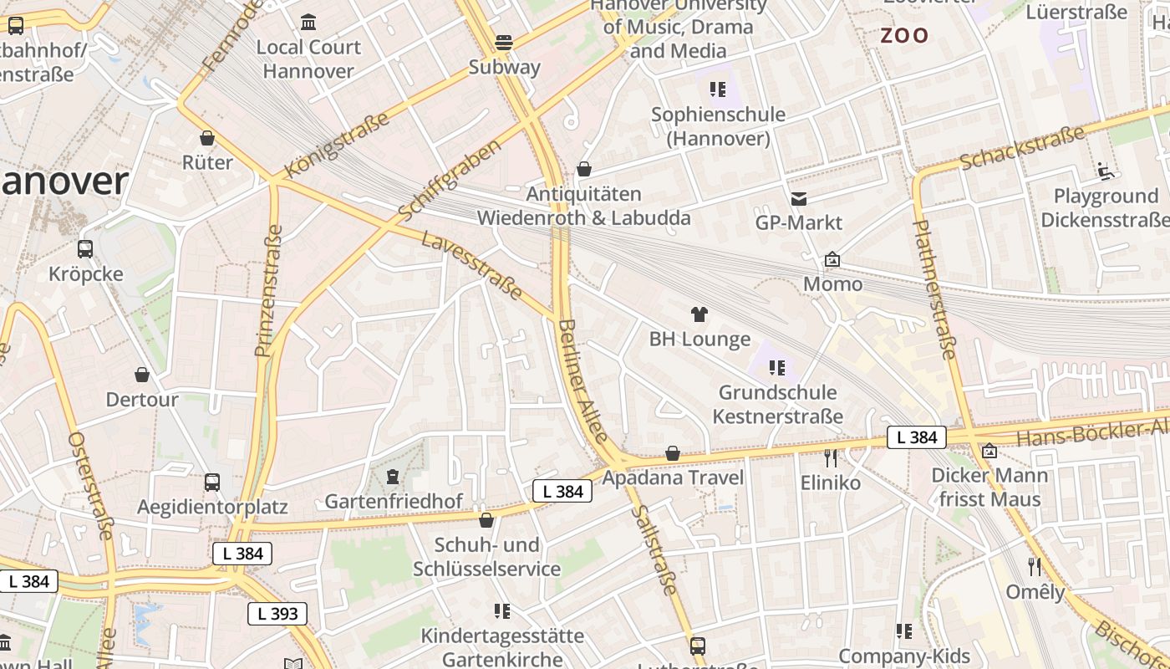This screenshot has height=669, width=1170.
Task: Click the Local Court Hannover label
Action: [308, 59]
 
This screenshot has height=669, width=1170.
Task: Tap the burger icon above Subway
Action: [504, 41]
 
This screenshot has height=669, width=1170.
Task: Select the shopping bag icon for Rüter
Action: [207, 138]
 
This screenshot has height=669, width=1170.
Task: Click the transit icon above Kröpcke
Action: [85, 248]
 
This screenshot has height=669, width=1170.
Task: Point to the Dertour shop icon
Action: [142, 374]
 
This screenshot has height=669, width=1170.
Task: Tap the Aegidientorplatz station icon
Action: [212, 482]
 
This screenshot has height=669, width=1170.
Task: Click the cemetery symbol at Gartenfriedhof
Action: [393, 477]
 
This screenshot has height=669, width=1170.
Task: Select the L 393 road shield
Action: [277, 614]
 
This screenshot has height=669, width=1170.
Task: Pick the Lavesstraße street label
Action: [472, 266]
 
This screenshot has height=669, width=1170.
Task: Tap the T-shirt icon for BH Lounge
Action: [699, 314]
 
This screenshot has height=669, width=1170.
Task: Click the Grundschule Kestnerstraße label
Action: [777, 404]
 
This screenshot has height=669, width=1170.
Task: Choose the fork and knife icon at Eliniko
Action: [830, 457]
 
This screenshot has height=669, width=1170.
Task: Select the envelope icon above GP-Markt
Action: [799, 198]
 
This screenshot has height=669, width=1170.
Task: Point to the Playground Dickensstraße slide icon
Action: [1106, 171]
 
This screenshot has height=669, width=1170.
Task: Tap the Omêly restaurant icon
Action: [1035, 566]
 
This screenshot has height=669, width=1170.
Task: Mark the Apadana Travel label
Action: [672, 477]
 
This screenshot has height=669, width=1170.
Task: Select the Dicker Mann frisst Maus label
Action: [989, 488]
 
